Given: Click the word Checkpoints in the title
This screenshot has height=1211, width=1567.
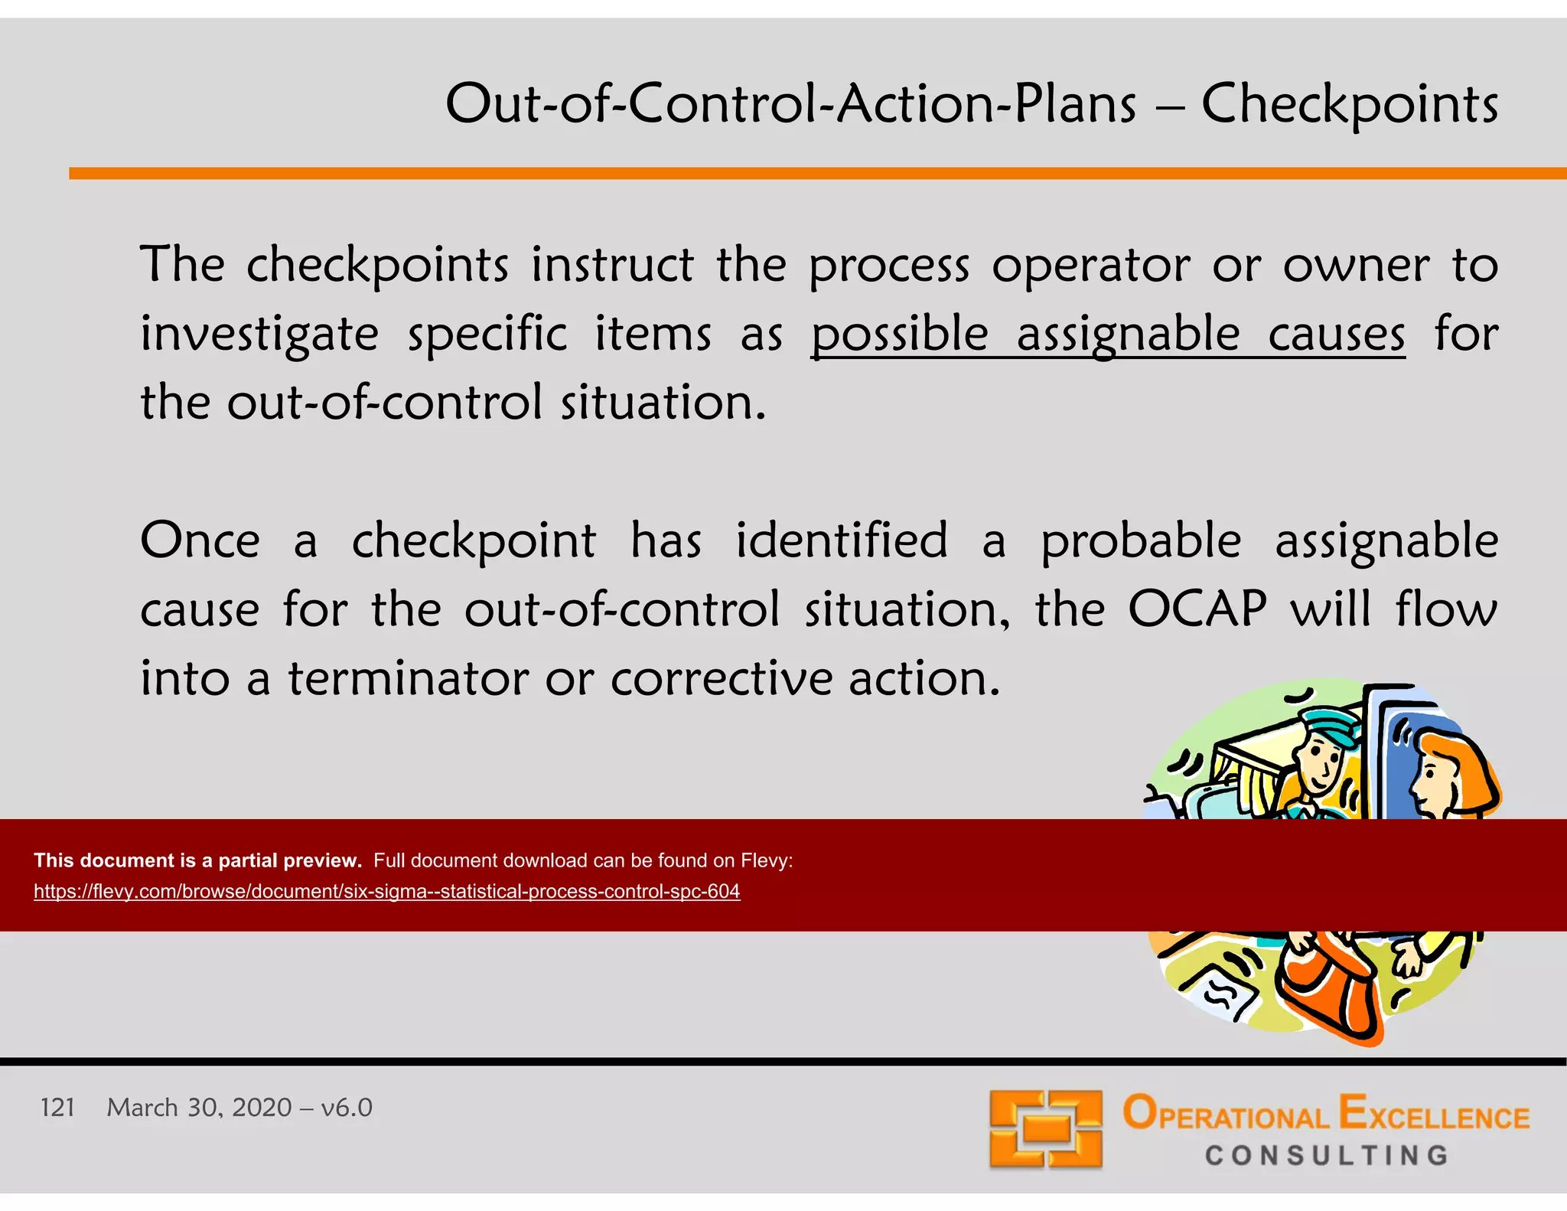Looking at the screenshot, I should coord(1349,104).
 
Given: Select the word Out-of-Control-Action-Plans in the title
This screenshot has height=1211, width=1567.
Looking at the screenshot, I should coord(790,104).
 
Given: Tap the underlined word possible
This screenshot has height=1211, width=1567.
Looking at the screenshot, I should coord(900,335).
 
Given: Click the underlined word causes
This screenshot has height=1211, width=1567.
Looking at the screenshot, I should coord(1336,335).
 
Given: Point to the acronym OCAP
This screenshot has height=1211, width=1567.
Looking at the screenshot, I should coord(1197,609).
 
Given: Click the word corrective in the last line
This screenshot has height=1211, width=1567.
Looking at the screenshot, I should coord(721,678).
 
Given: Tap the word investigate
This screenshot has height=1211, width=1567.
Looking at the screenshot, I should coord(259,335).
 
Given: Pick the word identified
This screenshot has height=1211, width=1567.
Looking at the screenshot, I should coord(842,540).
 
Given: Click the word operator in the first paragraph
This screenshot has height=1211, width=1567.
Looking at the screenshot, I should coord(1091,266).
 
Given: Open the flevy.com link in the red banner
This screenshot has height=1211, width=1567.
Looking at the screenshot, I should coord(386,892).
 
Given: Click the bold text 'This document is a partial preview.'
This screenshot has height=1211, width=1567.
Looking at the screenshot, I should coord(197,860).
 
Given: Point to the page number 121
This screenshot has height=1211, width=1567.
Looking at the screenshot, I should coord(57,1108).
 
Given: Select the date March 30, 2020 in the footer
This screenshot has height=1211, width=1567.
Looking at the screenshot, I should coord(199,1108).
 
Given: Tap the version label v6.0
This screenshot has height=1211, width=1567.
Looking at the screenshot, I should coord(347,1108).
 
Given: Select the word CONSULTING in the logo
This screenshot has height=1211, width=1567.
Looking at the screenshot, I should coord(1327,1155).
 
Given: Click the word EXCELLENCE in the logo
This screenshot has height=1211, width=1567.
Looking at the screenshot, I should coord(1434,1115).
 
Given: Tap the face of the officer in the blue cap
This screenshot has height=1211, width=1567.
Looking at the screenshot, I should coord(1321,762).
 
